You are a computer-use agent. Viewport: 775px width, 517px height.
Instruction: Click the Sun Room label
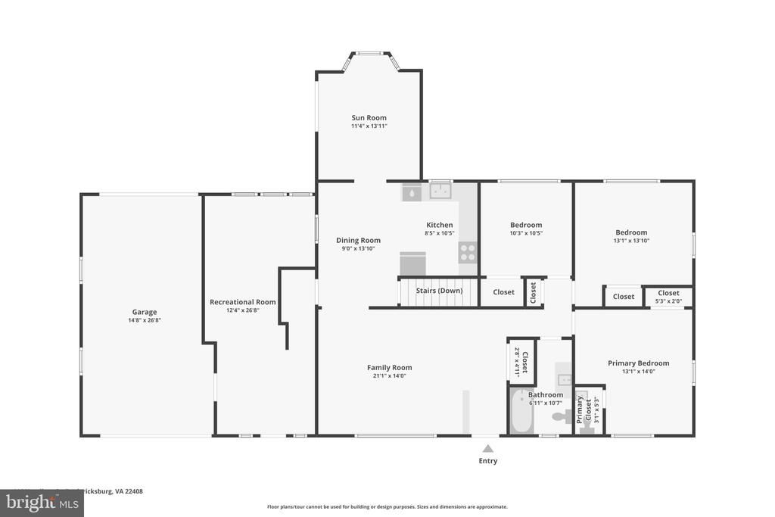(369, 117)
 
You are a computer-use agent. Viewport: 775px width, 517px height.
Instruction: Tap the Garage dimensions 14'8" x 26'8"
(145, 320)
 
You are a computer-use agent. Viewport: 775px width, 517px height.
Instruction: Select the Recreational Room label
(242, 302)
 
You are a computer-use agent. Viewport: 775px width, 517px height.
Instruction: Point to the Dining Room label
(358, 240)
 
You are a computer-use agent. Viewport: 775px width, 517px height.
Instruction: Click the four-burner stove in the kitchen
(468, 252)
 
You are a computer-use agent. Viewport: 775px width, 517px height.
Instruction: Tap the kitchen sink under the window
(440, 192)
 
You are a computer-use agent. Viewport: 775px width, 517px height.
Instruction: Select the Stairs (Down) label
(439, 291)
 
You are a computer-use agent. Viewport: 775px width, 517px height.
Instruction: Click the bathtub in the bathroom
(521, 411)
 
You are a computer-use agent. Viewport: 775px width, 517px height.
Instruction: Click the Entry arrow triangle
(488, 448)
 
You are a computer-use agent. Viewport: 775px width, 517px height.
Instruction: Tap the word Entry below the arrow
(488, 460)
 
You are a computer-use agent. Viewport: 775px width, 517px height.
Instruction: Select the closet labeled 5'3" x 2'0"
(668, 297)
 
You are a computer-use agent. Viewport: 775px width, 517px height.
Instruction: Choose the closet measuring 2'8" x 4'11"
(521, 361)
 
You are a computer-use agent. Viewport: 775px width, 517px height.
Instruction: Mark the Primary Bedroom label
(638, 363)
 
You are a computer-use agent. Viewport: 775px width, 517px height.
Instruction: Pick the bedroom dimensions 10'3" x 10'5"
(525, 233)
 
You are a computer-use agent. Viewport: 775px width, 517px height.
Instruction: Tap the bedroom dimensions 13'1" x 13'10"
(631, 241)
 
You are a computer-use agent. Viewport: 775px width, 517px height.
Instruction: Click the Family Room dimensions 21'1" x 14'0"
(389, 375)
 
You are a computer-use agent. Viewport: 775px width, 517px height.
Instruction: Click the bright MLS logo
(42, 503)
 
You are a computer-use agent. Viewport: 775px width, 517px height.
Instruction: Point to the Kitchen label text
(440, 225)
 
